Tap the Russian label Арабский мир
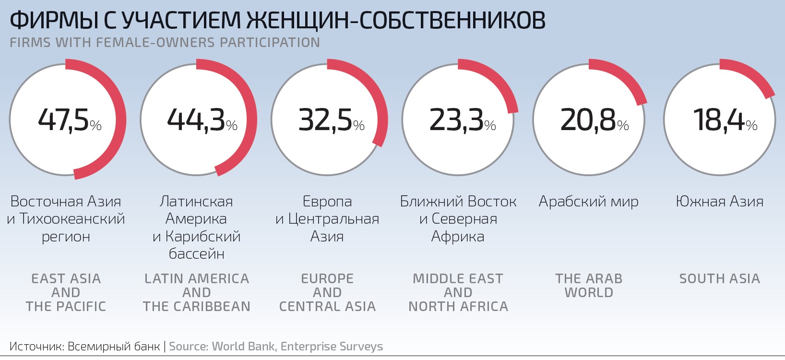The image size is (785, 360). [588, 202]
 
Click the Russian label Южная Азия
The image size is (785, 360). [719, 202]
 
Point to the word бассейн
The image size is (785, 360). [196, 253]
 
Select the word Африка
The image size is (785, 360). [458, 236]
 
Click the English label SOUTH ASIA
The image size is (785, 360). [719, 279]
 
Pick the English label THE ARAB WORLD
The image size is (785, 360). [589, 286]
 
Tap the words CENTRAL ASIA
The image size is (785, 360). [327, 306]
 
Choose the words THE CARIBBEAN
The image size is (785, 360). [196, 306]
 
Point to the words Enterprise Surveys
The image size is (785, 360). [332, 346]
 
